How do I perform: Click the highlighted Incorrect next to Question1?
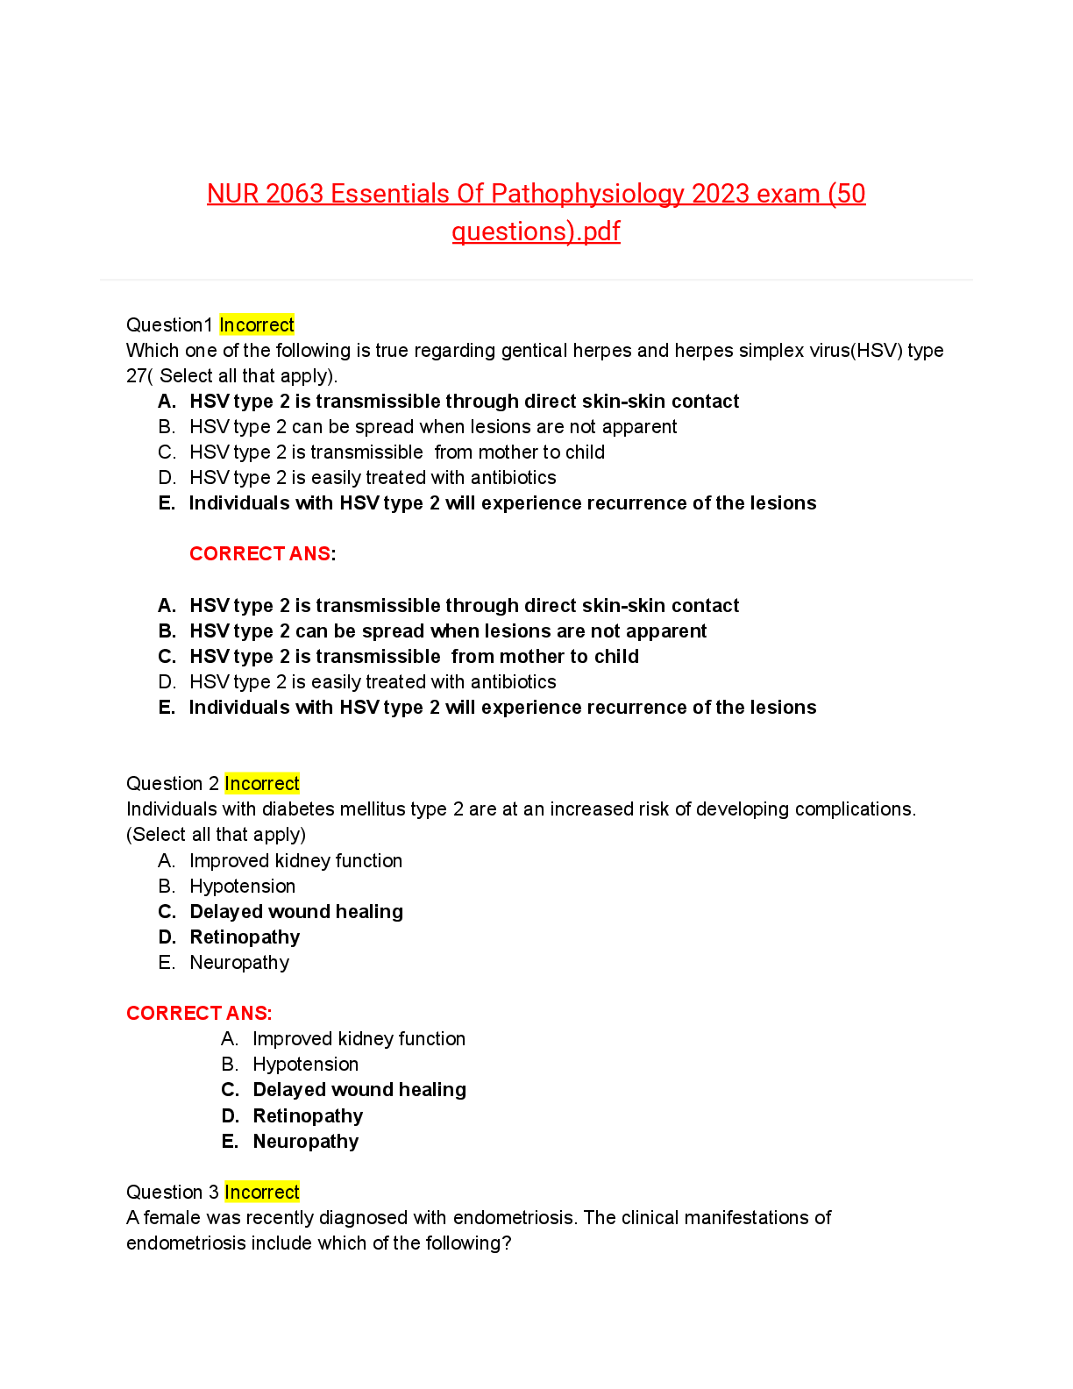[x=256, y=325]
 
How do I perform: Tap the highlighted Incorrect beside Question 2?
[x=261, y=784]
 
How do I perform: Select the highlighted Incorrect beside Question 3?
[x=261, y=1193]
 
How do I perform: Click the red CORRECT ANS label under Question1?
[x=260, y=554]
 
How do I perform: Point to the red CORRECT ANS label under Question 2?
[x=198, y=1014]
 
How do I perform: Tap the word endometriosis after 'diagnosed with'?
[x=515, y=1218]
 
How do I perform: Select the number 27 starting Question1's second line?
[x=136, y=376]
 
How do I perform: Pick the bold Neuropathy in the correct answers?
[x=305, y=1142]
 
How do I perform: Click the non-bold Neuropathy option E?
[x=239, y=963]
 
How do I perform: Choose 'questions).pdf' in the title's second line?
[x=536, y=231]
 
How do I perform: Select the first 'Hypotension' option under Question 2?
[x=242, y=887]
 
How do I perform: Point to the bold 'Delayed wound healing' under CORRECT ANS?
[x=359, y=1090]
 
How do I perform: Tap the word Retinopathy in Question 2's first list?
[x=245, y=937]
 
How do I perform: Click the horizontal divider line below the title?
[x=536, y=280]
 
